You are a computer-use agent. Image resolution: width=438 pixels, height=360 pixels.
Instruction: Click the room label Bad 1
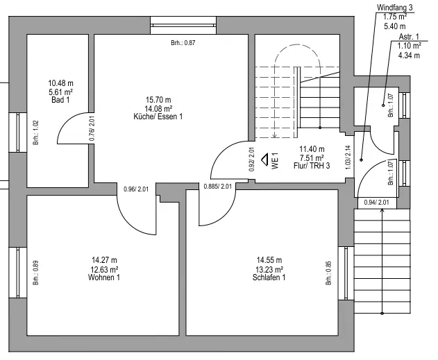pyautogui.click(x=60, y=100)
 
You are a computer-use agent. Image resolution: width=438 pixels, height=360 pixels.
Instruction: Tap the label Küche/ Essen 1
pyautogui.click(x=158, y=117)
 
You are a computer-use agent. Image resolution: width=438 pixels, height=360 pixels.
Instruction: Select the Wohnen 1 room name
pyautogui.click(x=104, y=277)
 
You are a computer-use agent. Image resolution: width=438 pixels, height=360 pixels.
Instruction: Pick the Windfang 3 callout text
pyautogui.click(x=395, y=7)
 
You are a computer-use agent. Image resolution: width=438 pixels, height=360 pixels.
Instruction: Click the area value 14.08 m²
pyautogui.click(x=158, y=108)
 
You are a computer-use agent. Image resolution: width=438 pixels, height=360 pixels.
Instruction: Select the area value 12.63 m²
pyautogui.click(x=104, y=269)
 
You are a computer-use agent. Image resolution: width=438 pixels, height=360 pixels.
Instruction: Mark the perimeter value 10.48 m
pyautogui.click(x=60, y=82)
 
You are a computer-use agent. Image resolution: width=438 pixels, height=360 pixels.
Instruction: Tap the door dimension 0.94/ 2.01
pyautogui.click(x=378, y=203)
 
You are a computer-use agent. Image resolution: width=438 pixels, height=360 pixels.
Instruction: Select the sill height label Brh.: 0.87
pyautogui.click(x=183, y=43)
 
